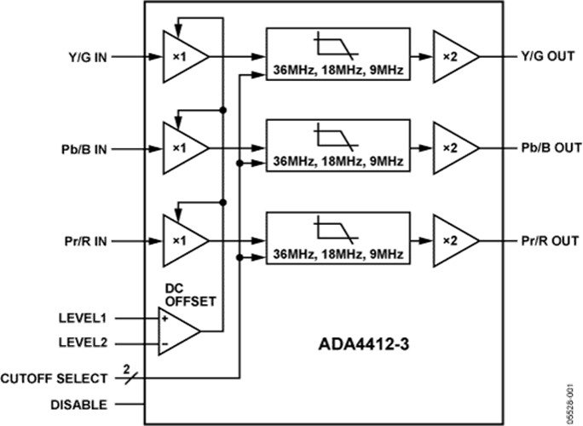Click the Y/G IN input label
pyautogui.click(x=88, y=57)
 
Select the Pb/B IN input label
pyautogui.click(x=84, y=149)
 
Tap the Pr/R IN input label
pyautogui.click(x=86, y=241)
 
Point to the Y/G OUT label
pyautogui.click(x=548, y=56)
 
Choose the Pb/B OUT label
pyautogui.click(x=551, y=148)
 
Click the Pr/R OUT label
pyautogui.click(x=550, y=241)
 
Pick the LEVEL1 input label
pyautogui.click(x=83, y=318)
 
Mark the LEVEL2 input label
pyautogui.click(x=83, y=343)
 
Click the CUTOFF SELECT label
pyautogui.click(x=54, y=379)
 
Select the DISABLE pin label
pyautogui.click(x=78, y=405)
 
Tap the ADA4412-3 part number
pyautogui.click(x=364, y=344)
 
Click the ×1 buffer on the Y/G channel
pyautogui.click(x=186, y=57)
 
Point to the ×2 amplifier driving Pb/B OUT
pyautogui.click(x=456, y=148)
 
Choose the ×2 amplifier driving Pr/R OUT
pyautogui.click(x=456, y=241)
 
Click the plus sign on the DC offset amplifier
pyautogui.click(x=165, y=319)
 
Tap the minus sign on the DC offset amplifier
pyautogui.click(x=165, y=344)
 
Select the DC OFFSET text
pyautogui.click(x=190, y=295)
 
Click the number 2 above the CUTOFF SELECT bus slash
pyautogui.click(x=127, y=370)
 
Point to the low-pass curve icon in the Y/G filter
pyautogui.click(x=337, y=46)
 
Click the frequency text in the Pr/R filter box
pyautogui.click(x=338, y=254)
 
